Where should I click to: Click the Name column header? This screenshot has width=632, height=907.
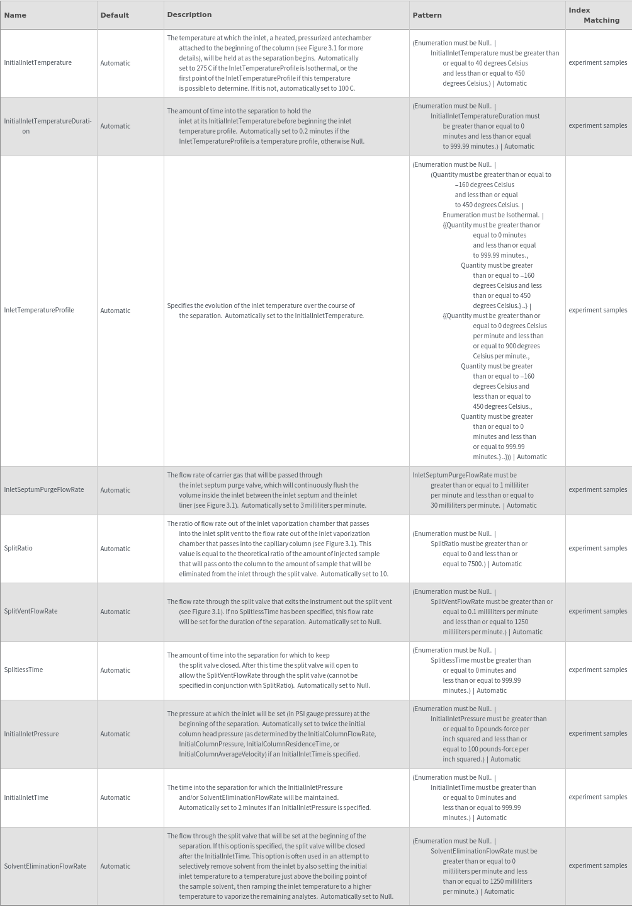15,15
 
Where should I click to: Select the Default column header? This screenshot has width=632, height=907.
115,15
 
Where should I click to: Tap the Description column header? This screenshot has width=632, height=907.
189,14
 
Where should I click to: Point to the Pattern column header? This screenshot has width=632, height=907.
427,15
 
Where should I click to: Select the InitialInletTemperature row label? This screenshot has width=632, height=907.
38,63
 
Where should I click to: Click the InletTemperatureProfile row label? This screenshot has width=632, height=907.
39,311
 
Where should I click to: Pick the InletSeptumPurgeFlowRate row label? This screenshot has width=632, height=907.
44,490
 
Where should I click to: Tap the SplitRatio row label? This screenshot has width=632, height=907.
18,549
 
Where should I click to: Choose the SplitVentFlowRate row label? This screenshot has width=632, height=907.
31,612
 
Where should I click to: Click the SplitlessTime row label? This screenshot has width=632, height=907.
23,670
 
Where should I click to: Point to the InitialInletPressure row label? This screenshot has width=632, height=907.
31,734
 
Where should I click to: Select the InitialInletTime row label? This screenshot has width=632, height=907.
26,797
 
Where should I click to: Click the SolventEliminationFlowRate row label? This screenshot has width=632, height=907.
45,866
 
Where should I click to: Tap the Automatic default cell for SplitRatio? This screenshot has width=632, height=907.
115,549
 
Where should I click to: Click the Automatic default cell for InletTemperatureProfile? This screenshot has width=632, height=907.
115,311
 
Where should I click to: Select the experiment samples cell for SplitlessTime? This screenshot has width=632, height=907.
597,670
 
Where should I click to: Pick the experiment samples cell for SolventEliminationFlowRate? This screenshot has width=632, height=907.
597,866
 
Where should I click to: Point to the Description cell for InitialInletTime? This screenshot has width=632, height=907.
269,797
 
